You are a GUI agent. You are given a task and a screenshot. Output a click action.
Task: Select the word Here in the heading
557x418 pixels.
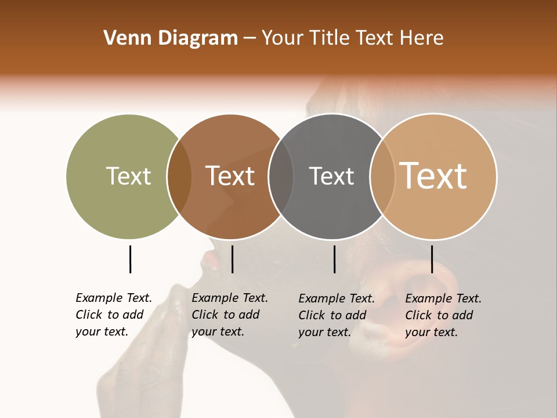click(422, 38)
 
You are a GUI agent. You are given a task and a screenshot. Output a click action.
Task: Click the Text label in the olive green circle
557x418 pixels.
click(128, 176)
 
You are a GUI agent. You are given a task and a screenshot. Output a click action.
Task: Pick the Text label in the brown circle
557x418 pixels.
click(230, 176)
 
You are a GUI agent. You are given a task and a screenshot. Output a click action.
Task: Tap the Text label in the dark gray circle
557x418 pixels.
click(332, 176)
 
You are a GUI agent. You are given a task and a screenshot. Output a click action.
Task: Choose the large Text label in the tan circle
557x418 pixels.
click(433, 176)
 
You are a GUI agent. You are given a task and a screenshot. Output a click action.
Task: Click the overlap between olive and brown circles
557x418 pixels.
click(179, 176)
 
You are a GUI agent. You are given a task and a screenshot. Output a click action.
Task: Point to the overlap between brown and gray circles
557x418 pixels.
click(281, 176)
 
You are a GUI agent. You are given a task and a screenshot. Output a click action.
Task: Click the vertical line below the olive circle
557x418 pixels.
click(130, 259)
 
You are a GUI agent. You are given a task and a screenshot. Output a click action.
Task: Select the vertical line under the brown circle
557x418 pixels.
click(232, 259)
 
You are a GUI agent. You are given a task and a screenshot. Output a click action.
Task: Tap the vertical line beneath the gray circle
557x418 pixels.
click(334, 259)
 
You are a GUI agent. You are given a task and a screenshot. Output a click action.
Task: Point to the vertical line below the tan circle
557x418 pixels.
click(432, 259)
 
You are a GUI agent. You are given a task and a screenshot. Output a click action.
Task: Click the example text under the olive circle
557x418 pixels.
click(114, 315)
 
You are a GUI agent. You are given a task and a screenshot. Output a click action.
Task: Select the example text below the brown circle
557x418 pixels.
click(230, 315)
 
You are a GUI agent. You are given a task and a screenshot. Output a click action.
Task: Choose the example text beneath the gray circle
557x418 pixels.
click(337, 315)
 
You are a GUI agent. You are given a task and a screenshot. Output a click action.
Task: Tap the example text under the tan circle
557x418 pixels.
click(443, 315)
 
